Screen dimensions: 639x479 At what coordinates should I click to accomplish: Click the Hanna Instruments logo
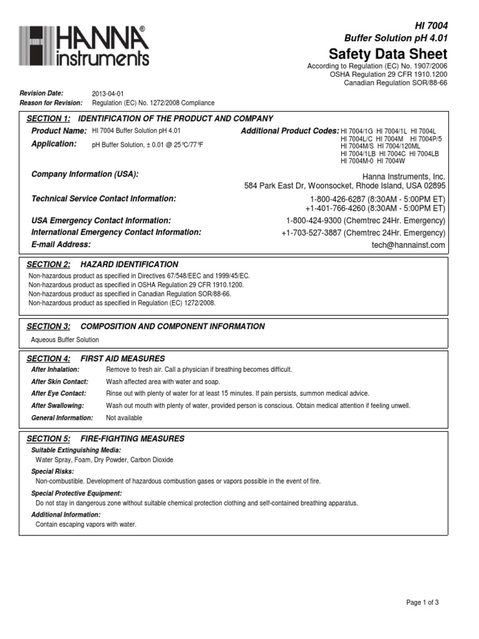84,46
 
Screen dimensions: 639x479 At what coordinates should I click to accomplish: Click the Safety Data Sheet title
388,52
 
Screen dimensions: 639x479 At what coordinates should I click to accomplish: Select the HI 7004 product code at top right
432,25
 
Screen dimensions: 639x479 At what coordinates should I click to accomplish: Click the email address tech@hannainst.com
409,245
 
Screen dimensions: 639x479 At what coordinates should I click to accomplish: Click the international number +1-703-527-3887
311,233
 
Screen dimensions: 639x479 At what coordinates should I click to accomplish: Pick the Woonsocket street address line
345,186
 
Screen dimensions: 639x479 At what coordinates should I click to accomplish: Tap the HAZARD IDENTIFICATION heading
129,265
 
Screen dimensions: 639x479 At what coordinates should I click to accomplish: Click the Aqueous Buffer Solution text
65,340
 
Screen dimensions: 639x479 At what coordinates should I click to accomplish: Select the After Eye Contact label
59,394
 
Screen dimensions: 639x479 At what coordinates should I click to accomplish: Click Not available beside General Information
120,417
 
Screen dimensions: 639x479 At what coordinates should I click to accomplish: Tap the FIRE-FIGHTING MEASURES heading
132,439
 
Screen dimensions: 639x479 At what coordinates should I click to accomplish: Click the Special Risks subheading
52,472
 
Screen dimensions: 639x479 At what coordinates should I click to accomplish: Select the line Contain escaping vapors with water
86,525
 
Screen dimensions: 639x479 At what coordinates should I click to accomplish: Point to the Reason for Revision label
51,103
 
